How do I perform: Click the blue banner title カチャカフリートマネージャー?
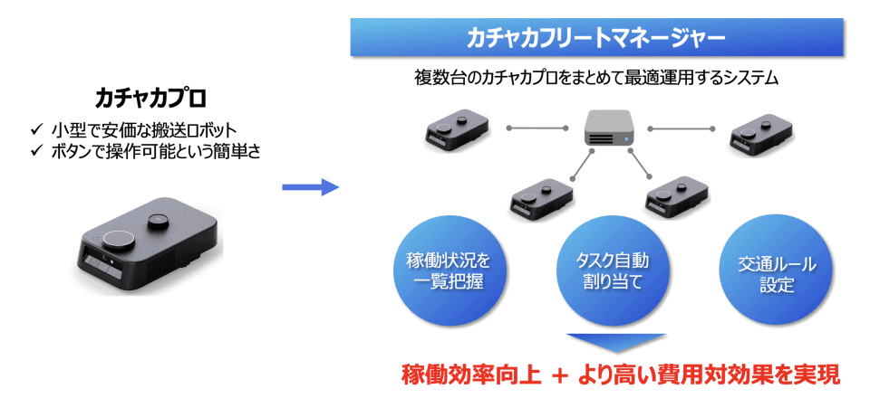pyautogui.click(x=596, y=38)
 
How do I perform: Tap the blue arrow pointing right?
pyautogui.click(x=309, y=187)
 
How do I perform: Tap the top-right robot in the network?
pyautogui.click(x=760, y=131)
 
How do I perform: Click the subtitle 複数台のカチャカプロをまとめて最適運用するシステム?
pyautogui.click(x=596, y=78)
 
